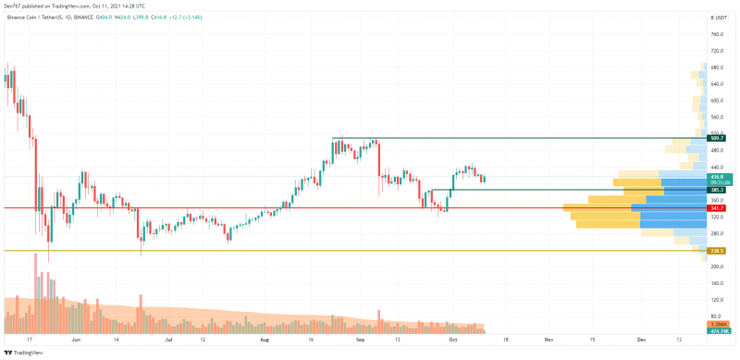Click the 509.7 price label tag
(x=716, y=138)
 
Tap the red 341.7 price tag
(x=716, y=208)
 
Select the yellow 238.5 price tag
(x=716, y=251)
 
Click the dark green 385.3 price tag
(x=716, y=190)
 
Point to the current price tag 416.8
(x=716, y=176)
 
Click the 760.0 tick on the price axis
(x=716, y=34)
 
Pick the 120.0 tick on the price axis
(x=716, y=300)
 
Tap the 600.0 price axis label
(x=716, y=99)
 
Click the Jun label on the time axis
(x=76, y=341)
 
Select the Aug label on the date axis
(x=265, y=341)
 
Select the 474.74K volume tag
(x=719, y=330)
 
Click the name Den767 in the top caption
(x=12, y=6)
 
